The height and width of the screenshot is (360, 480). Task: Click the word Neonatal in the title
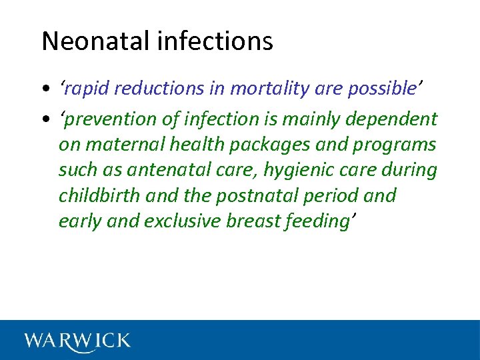coord(97,41)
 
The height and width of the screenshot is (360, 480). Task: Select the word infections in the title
coord(215,41)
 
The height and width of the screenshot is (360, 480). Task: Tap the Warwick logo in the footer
coord(77,341)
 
